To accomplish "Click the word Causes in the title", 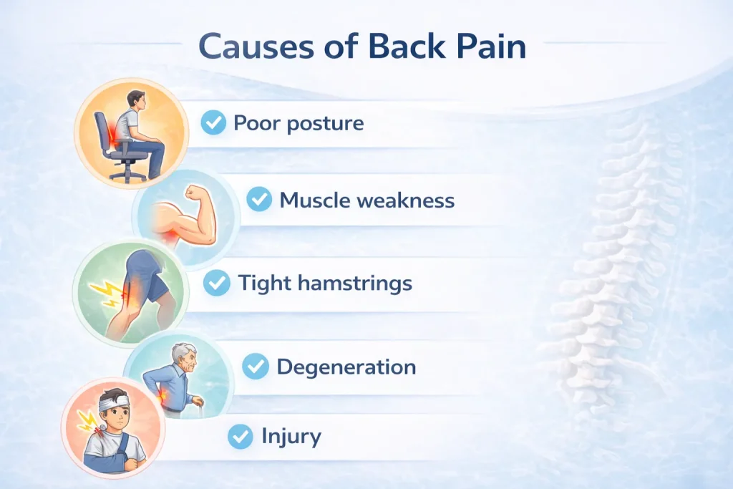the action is pyautogui.click(x=256, y=47).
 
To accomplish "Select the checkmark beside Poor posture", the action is pyautogui.click(x=213, y=122).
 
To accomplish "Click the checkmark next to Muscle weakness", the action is pyautogui.click(x=259, y=199).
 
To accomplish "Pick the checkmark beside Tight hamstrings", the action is pyautogui.click(x=217, y=282).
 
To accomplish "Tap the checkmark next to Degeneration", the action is pyautogui.click(x=256, y=366).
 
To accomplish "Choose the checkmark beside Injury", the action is pyautogui.click(x=241, y=436).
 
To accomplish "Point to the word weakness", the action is pyautogui.click(x=406, y=200).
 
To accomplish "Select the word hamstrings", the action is pyautogui.click(x=355, y=284).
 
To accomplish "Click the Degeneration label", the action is pyautogui.click(x=346, y=367).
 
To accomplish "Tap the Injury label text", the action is pyautogui.click(x=291, y=437).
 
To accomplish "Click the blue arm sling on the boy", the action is pyautogui.click(x=109, y=457).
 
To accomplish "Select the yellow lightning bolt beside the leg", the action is pyautogui.click(x=106, y=294).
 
